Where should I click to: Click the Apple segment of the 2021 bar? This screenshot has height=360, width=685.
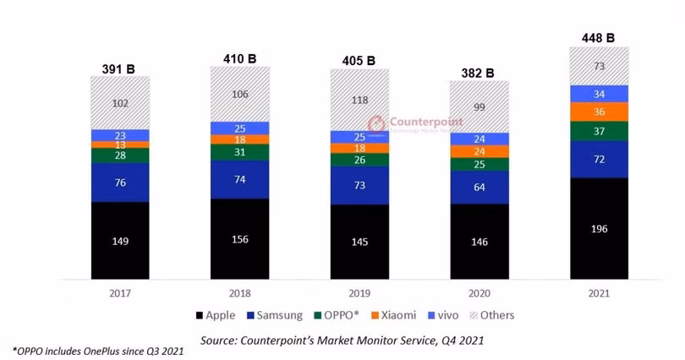(x=599, y=227)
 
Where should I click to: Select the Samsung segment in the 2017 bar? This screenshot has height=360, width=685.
(x=120, y=183)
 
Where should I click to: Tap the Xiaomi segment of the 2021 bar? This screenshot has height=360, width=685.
(x=599, y=112)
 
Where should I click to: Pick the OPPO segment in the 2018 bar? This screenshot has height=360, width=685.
(x=240, y=151)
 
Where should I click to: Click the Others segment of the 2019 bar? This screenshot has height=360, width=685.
(x=359, y=100)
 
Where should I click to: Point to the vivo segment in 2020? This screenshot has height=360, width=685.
(x=479, y=139)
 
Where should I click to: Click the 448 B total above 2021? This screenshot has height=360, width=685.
(x=598, y=37)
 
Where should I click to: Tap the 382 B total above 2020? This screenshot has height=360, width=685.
(x=479, y=73)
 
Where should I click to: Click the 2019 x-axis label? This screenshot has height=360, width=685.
(x=359, y=292)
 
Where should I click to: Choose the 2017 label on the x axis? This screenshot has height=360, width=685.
(x=120, y=292)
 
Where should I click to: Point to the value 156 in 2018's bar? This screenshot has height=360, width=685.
(x=240, y=239)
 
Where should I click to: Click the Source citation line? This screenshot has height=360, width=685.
(x=342, y=340)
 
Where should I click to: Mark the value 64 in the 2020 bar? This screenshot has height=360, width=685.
(x=479, y=187)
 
